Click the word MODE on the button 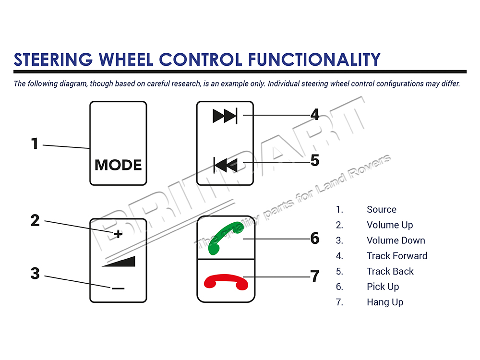point(118,165)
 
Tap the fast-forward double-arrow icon point(225,116)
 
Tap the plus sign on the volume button point(119,234)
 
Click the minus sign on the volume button point(118,288)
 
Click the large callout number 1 point(35,144)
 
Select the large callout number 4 point(314,115)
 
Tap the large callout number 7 point(314,276)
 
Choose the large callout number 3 point(35,274)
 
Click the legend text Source point(381,209)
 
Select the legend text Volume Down point(396,240)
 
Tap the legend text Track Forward point(396,256)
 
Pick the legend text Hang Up point(384,302)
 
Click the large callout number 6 point(314,238)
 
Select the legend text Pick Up point(383,287)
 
